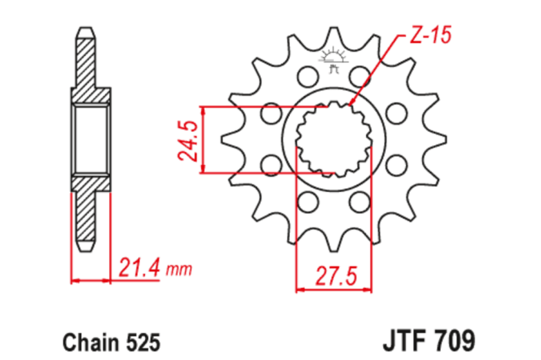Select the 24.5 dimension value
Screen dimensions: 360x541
(x=190, y=139)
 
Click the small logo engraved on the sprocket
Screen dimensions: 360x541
(x=334, y=61)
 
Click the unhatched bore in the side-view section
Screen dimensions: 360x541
(x=91, y=140)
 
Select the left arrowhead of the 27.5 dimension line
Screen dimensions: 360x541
(x=300, y=290)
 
